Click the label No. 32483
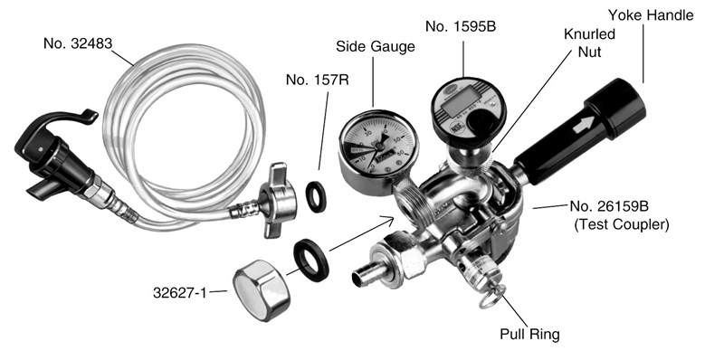pos(78,43)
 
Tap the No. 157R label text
pos(318,80)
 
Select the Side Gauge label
pos(375,47)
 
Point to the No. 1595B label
pos(461,26)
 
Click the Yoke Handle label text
pos(651,15)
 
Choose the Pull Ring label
pos(529,334)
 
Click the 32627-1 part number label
pos(180,292)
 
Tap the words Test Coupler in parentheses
pos(622,224)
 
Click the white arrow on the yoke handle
pos(583,125)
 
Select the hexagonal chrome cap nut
pos(261,289)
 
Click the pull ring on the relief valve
pos(491,298)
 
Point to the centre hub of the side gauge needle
pos(378,147)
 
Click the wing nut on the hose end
pos(277,200)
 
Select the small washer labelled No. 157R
pos(317,197)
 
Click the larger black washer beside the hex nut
pos(311,260)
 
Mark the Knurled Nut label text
pos(590,43)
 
